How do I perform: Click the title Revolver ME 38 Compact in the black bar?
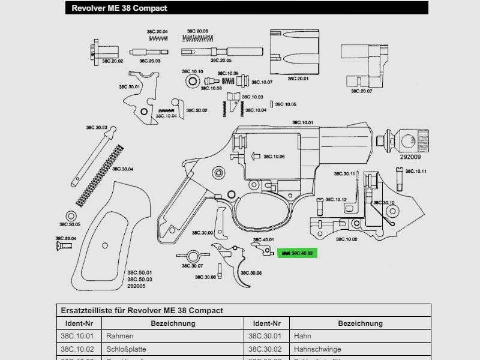(119, 8)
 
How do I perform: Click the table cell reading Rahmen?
(119, 336)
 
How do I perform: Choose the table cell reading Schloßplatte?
(126, 349)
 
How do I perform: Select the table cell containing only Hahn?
(302, 336)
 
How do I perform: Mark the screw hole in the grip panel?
(105, 245)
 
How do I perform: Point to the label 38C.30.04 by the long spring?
(122, 169)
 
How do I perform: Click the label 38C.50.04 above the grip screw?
(67, 238)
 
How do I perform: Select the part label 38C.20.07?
(362, 91)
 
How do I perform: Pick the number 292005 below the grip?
(136, 286)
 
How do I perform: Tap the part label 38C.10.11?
(415, 172)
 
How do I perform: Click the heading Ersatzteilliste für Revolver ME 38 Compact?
(142, 310)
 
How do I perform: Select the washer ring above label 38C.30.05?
(71, 216)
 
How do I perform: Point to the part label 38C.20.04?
(157, 31)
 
